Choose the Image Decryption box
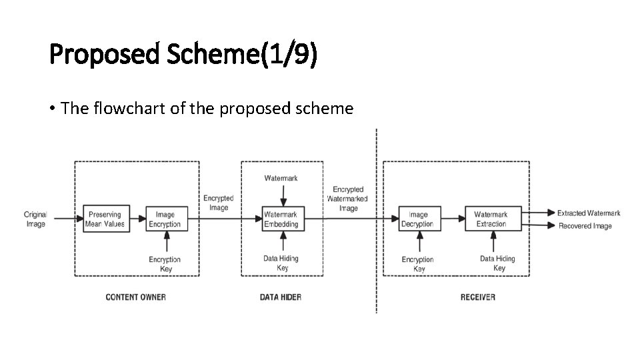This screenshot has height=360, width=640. [x=419, y=219]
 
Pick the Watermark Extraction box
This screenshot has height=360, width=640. [x=492, y=219]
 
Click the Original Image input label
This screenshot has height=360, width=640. [x=35, y=219]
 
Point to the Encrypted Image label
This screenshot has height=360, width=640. [x=219, y=203]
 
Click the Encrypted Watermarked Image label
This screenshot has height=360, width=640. [x=348, y=199]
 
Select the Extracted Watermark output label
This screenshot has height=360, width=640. [x=589, y=213]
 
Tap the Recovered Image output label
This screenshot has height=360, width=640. [x=585, y=226]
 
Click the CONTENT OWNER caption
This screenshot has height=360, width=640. [x=136, y=297]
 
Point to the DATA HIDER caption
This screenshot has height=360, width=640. [x=281, y=297]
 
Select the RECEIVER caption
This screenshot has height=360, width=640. [x=478, y=297]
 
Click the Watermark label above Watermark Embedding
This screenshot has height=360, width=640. [x=281, y=178]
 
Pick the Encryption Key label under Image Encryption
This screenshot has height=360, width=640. [x=165, y=264]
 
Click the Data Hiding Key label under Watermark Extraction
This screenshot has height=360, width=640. [x=498, y=263]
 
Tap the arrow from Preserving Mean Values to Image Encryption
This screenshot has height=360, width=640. [x=138, y=218]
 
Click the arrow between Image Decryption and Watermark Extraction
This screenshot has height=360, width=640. [x=453, y=218]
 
